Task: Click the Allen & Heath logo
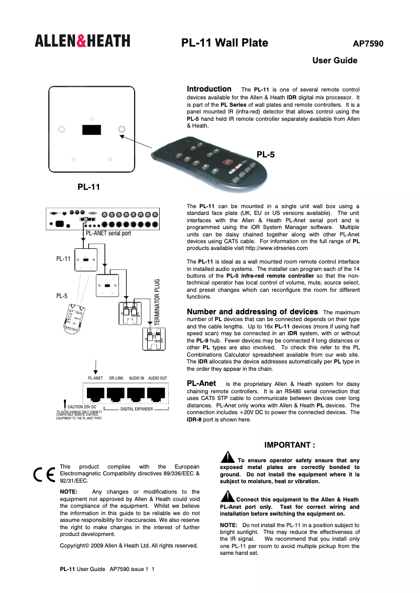(83, 41)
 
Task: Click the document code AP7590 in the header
(368, 44)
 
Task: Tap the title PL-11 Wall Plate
(225, 43)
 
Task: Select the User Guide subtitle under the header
(335, 61)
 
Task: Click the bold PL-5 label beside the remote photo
(266, 154)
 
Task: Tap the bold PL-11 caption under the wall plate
(89, 186)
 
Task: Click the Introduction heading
(209, 89)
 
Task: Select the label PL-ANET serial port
(108, 233)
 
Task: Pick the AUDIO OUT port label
(157, 378)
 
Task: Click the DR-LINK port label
(116, 378)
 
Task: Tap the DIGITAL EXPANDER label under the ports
(136, 408)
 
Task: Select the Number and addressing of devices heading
(252, 312)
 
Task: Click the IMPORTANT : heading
(290, 445)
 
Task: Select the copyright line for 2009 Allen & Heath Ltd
(129, 545)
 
